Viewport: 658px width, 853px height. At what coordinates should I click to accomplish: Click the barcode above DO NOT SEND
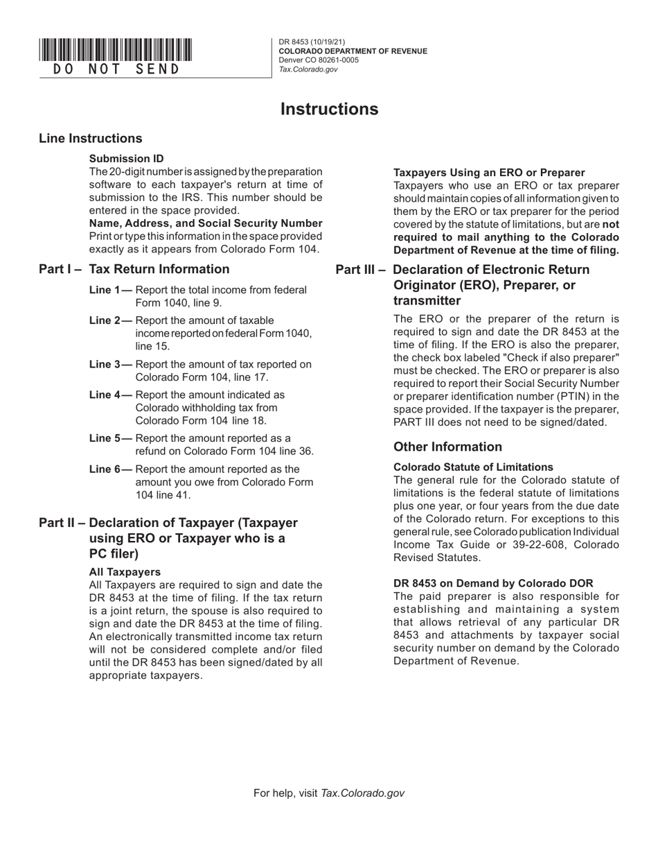[x=116, y=50]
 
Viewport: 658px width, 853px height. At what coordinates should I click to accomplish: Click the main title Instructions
[x=329, y=110]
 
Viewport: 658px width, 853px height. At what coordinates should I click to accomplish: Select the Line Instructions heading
[x=91, y=139]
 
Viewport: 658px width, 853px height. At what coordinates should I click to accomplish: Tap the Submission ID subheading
[x=127, y=159]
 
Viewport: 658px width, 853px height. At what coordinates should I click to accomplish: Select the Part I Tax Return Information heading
[x=134, y=269]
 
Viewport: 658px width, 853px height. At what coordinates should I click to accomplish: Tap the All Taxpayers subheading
[x=125, y=572]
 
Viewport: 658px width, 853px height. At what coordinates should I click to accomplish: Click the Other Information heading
[x=447, y=447]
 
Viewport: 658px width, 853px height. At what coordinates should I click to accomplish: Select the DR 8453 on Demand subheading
[x=493, y=583]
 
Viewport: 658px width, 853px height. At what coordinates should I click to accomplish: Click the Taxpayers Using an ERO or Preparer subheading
[x=489, y=173]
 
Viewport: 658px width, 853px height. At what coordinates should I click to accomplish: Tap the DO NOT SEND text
[x=116, y=69]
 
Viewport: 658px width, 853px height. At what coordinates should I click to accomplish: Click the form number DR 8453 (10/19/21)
[x=312, y=42]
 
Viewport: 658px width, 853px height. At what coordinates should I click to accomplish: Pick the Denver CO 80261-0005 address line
[x=319, y=60]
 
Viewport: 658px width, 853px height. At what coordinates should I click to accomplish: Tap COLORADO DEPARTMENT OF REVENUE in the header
[x=353, y=51]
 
